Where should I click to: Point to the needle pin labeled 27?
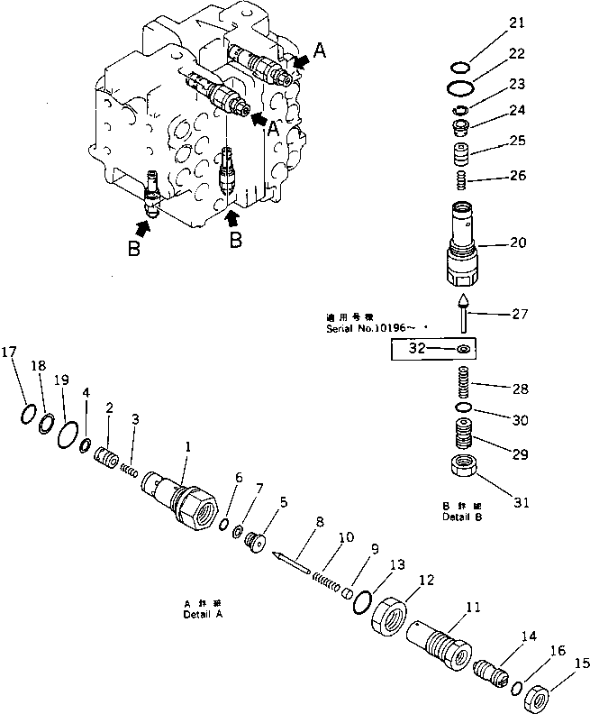click(461, 310)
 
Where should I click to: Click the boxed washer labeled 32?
click(461, 349)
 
